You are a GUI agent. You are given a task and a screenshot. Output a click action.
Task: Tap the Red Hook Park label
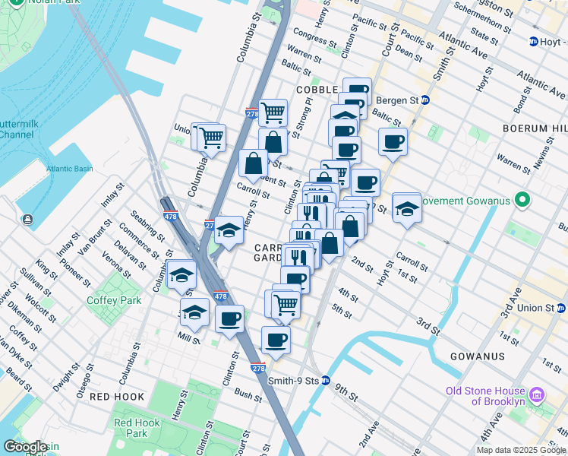tap(137, 428)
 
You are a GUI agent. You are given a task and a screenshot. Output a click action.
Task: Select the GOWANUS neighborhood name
tap(477, 356)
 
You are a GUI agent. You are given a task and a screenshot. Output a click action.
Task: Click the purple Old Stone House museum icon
tap(537, 395)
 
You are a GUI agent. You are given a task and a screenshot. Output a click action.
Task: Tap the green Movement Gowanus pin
tap(522, 201)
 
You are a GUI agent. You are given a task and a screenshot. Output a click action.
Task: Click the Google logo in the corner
tap(25, 447)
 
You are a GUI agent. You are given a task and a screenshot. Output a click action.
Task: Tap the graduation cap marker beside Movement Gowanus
tap(407, 208)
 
